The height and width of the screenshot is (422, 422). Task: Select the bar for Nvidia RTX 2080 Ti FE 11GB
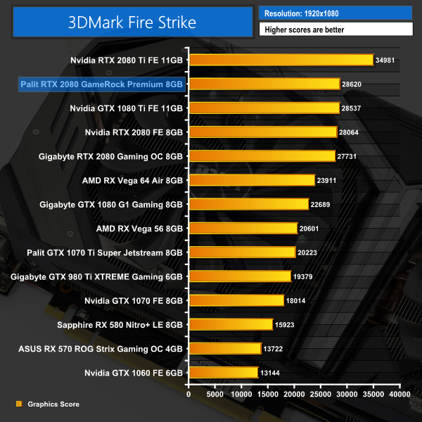pos(281,60)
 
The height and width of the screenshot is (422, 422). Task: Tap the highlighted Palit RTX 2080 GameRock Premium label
pos(103,84)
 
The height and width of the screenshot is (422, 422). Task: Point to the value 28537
pos(356,108)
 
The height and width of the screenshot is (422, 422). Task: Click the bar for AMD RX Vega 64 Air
pos(251,180)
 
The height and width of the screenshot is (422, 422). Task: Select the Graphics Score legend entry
pos(51,404)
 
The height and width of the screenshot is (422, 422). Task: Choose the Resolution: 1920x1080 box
pos(335,13)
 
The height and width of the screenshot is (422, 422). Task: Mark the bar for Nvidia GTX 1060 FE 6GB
pos(223,372)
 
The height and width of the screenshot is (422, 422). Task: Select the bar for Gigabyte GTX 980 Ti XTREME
pos(240,276)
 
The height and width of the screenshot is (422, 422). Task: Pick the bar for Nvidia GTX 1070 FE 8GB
pos(236,300)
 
